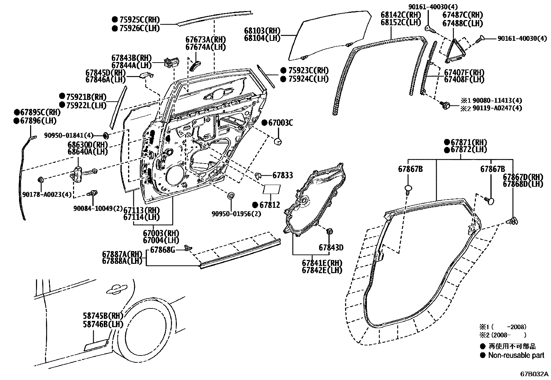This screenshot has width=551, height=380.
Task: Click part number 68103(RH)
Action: (262, 31)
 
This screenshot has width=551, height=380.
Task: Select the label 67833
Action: (282, 175)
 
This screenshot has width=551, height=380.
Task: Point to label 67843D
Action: (331, 248)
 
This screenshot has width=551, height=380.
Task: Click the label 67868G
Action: (163, 250)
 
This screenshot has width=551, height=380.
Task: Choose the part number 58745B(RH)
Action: (103, 316)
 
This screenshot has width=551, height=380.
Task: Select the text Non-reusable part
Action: (516, 355)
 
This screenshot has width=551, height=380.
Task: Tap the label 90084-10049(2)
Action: (98, 208)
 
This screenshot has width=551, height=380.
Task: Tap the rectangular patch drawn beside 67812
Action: (272, 190)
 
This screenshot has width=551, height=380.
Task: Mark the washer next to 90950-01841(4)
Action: (106, 135)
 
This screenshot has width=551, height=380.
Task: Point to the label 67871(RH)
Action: (469, 142)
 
